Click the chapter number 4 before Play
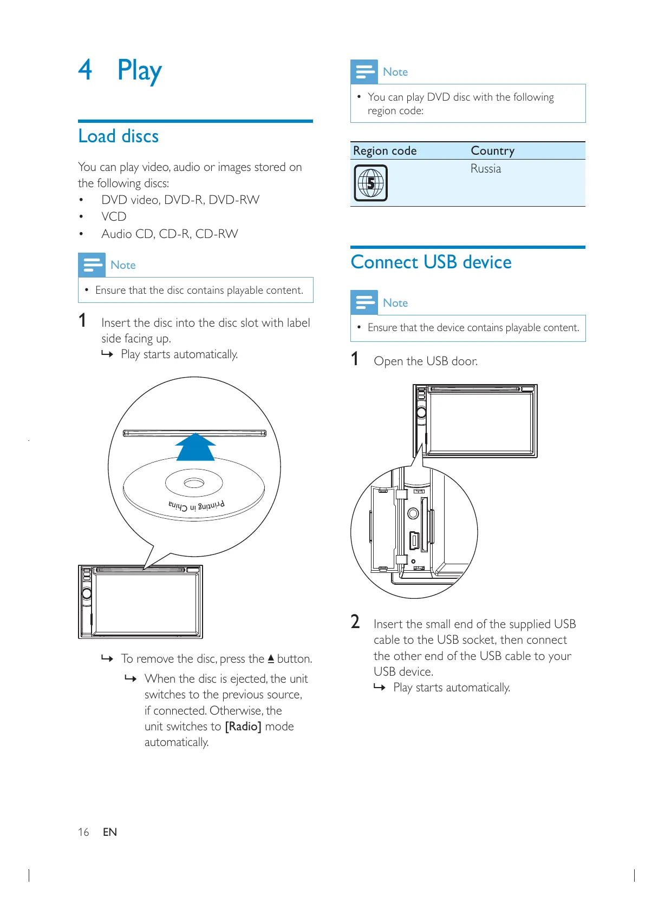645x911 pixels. (x=85, y=70)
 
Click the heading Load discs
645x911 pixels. (x=119, y=136)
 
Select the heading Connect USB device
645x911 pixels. (x=431, y=262)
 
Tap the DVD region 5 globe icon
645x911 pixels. (x=370, y=183)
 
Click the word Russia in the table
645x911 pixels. (x=485, y=169)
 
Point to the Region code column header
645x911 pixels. (x=385, y=151)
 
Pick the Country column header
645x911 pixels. (x=492, y=151)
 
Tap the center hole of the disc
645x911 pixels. (x=193, y=483)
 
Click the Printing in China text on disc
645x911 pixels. (x=196, y=506)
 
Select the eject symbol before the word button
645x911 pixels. (x=271, y=659)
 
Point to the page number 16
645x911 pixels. (x=83, y=832)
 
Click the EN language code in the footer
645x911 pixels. (x=110, y=832)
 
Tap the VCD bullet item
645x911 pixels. (x=114, y=217)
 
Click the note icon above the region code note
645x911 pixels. (x=364, y=71)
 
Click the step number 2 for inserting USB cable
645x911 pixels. (x=355, y=622)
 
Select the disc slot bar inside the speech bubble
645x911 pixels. (x=194, y=433)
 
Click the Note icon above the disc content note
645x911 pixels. (x=92, y=265)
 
